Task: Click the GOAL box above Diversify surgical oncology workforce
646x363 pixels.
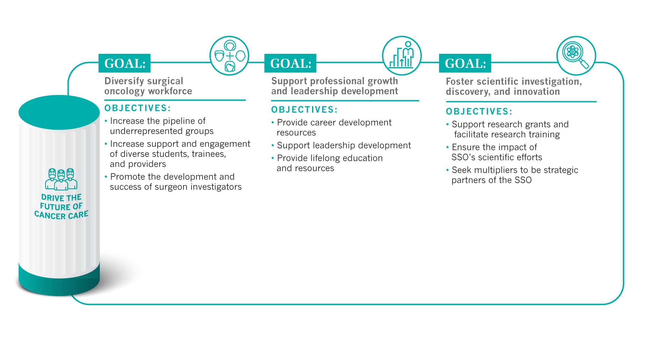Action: pos(124,63)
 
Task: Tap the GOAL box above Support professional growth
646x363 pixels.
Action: pos(290,63)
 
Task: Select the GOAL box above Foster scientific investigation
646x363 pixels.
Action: pos(465,63)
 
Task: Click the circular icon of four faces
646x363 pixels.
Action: pos(229,56)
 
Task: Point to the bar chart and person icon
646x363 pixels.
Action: pos(402,56)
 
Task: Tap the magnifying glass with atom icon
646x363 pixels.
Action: pos(576,56)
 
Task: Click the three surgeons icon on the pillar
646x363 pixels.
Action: pos(61,179)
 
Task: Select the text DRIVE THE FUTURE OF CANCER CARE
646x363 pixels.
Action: pos(61,207)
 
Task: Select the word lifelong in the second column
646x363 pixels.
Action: pos(325,158)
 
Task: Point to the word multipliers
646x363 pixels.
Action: pos(502,170)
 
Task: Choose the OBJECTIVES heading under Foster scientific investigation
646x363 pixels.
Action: pos(479,112)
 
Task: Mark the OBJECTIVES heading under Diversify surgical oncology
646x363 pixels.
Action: pos(138,108)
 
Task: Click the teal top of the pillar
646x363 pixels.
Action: pos(59,112)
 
